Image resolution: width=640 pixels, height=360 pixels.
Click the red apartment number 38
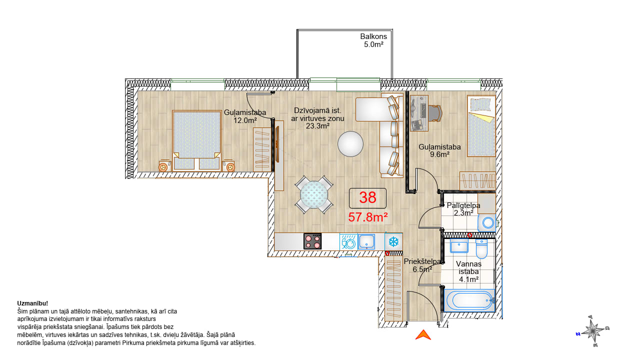click(367, 197)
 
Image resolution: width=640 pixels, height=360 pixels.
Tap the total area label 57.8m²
click(367, 217)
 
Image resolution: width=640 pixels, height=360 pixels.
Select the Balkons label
click(373, 36)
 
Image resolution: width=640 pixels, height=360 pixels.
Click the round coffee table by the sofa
click(350, 143)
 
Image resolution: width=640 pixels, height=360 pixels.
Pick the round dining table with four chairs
click(314, 194)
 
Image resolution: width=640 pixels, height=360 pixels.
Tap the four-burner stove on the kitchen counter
click(312, 241)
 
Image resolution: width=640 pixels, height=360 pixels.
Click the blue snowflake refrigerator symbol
click(393, 241)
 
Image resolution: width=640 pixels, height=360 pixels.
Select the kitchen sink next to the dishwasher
click(366, 241)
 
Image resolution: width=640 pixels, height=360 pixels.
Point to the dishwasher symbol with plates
click(348, 241)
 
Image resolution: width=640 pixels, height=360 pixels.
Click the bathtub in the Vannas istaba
click(469, 300)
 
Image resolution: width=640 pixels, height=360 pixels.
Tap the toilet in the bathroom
click(481, 248)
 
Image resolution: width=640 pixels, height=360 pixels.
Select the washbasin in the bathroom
click(459, 245)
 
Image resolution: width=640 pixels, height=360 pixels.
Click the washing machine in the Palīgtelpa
click(487, 222)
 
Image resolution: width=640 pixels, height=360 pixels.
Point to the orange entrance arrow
click(423, 335)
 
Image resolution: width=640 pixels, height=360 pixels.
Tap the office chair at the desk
click(435, 113)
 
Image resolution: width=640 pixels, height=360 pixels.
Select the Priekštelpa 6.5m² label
click(422, 265)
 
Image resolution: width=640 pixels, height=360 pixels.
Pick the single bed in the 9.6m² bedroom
click(481, 126)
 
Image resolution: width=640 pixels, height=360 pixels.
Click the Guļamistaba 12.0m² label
click(245, 116)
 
